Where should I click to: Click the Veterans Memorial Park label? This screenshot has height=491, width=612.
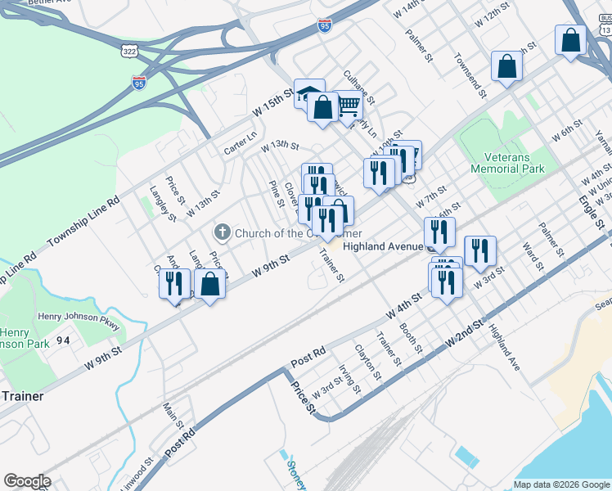pyautogui.click(x=507, y=163)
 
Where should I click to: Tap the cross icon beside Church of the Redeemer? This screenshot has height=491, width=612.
pyautogui.click(x=221, y=233)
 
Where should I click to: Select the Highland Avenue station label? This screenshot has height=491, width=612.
pyautogui.click(x=382, y=245)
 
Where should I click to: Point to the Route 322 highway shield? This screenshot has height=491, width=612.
pyautogui.click(x=129, y=51)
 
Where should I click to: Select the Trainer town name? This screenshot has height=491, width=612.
pyautogui.click(x=22, y=396)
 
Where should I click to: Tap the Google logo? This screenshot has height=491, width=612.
pyautogui.click(x=27, y=481)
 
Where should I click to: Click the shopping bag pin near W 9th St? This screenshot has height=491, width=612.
pyautogui.click(x=210, y=285)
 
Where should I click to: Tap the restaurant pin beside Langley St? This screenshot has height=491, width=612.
pyautogui.click(x=173, y=284)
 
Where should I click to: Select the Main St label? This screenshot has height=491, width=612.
pyautogui.click(x=173, y=414)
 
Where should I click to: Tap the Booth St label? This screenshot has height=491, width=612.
pyautogui.click(x=410, y=338)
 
